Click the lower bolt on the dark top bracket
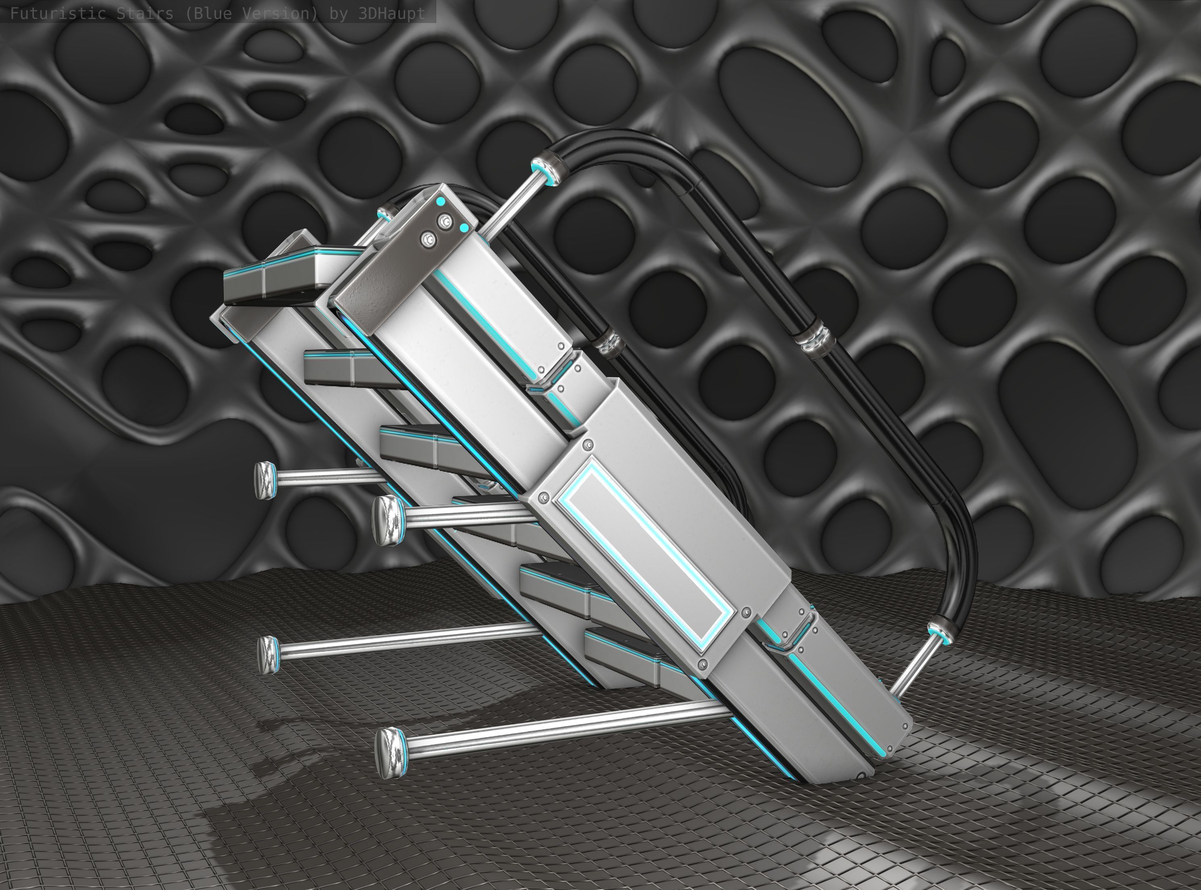coord(429,240)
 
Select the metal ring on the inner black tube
coord(608,345)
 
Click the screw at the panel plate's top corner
coord(588,445)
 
